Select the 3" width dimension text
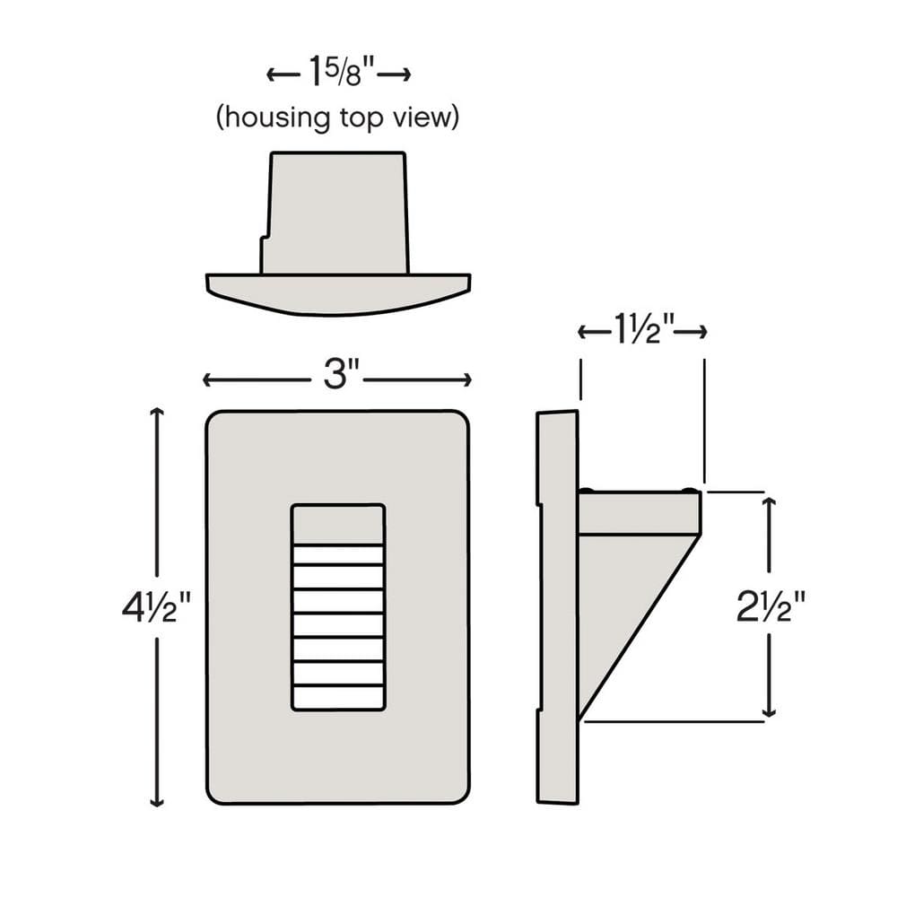coord(341,375)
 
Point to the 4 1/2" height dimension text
coord(156,607)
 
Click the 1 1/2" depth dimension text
coord(643,331)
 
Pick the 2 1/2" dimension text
coord(770,606)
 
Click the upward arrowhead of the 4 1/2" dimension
coord(157,412)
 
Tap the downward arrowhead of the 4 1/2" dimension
coord(157,801)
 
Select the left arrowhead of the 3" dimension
coord(208,379)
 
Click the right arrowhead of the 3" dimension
coord(466,379)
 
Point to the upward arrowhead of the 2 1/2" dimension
coord(770,501)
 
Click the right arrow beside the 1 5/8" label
coord(394,74)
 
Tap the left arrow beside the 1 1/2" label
coord(595,332)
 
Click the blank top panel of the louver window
coord(338,525)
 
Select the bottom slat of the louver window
coord(338,696)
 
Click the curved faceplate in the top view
coord(338,293)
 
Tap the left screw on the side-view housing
coord(587,490)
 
